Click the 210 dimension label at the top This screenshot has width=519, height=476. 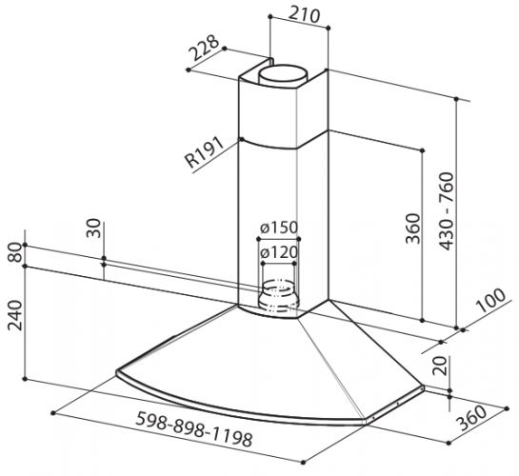304,15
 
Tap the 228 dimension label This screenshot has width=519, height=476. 204,48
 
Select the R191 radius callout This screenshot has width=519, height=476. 204,152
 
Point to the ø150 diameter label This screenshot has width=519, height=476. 279,228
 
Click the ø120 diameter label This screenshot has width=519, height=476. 279,253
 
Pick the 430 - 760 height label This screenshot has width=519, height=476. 447,211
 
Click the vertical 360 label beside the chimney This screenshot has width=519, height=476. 412,228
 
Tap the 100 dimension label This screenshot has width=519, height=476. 490,300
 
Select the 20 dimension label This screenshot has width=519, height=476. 440,366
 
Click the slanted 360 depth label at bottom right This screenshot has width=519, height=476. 471,418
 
